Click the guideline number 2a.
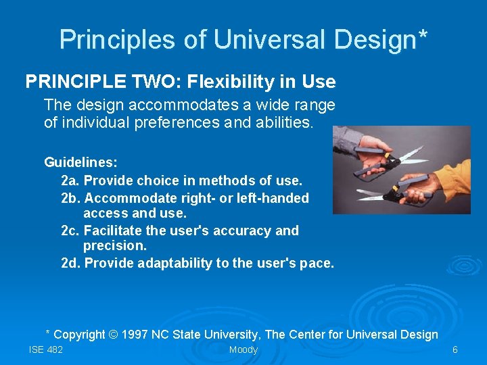coord(71,180)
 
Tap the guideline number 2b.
coord(71,198)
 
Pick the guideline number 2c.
coord(71,230)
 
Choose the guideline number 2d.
coord(71,263)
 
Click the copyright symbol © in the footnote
coord(113,335)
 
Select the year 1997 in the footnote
coord(135,335)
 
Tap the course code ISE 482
coord(46,349)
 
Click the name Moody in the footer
coord(243,349)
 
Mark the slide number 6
coord(455,349)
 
